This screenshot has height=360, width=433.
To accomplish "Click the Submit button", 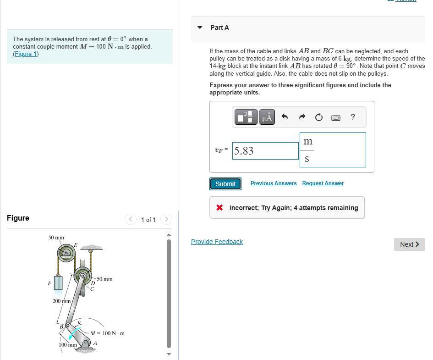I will click(225, 184).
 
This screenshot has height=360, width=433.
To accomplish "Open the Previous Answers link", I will click(274, 183).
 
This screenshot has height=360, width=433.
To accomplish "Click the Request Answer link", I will click(323, 183).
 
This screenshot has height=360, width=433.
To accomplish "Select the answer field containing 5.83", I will click(265, 150).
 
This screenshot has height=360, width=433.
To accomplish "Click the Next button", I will click(409, 244).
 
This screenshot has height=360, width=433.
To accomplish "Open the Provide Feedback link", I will click(217, 242).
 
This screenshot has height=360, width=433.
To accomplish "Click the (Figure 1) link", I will click(26, 54).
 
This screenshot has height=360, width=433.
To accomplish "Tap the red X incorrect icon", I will click(220, 208).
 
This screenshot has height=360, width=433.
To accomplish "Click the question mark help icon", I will click(352, 117).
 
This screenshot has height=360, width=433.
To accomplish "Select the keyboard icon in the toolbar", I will click(336, 117).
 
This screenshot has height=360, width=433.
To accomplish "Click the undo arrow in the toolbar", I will click(285, 117).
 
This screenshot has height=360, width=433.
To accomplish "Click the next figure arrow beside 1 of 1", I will click(166, 220).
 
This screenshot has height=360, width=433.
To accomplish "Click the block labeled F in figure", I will click(58, 282).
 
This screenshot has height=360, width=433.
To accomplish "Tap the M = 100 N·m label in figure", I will click(108, 333).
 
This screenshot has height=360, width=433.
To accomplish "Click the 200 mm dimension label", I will click(61, 301).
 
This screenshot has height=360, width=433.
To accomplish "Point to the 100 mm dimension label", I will click(67, 344).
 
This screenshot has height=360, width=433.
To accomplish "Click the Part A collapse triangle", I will click(199, 28).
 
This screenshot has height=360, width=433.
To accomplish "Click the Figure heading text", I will click(18, 218).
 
